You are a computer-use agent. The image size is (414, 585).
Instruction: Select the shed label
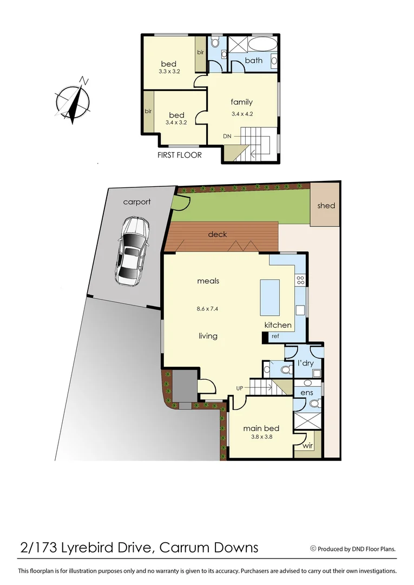pyautogui.click(x=326, y=206)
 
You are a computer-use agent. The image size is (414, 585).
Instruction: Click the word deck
pyautogui.click(x=218, y=235)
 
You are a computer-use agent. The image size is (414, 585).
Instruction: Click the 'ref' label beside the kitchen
pyautogui.click(x=275, y=336)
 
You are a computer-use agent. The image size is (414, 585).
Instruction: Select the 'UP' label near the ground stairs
pyautogui.click(x=239, y=388)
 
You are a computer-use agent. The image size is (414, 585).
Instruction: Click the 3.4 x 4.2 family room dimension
pyautogui.click(x=242, y=114)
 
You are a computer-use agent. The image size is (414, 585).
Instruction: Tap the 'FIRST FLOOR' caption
pyautogui.click(x=179, y=155)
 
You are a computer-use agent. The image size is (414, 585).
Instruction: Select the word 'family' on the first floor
pyautogui.click(x=241, y=102)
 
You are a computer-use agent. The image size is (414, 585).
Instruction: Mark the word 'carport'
pyautogui.click(x=137, y=202)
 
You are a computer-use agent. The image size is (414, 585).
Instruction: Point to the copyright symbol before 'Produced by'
pyautogui.click(x=313, y=549)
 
